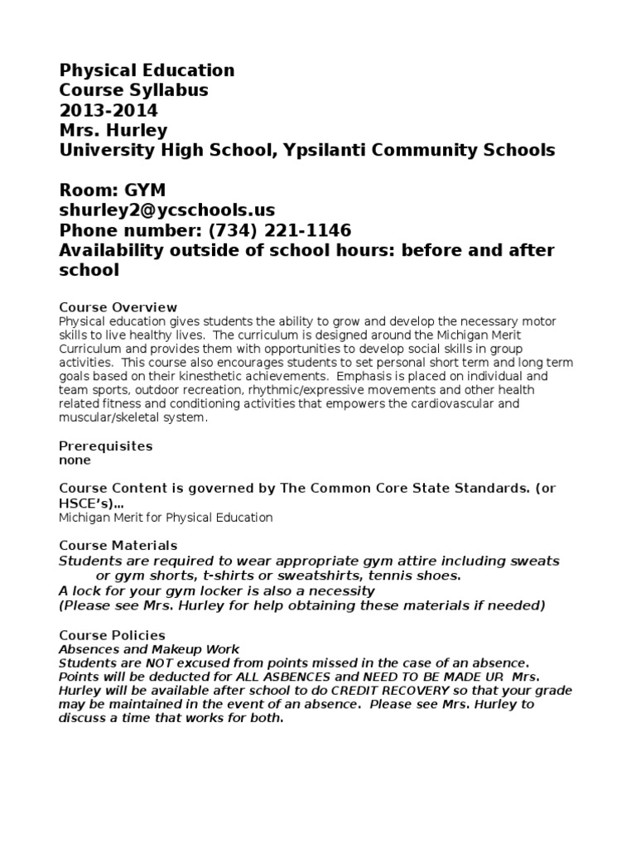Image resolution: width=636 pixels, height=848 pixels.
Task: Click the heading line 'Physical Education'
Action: pyautogui.click(x=147, y=70)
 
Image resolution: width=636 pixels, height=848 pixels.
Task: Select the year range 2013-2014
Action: pyautogui.click(x=108, y=110)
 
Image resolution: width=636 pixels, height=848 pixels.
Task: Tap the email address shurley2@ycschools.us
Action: pyautogui.click(x=167, y=210)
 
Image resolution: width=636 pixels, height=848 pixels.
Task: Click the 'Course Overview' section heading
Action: pyautogui.click(x=118, y=307)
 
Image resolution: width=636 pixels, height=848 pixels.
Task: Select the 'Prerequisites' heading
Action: pyautogui.click(x=106, y=446)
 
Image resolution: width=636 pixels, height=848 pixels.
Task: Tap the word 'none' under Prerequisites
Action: pyautogui.click(x=75, y=460)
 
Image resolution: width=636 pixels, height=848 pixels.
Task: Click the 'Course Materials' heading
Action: pyautogui.click(x=118, y=546)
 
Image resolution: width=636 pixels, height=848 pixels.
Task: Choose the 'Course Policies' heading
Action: pyautogui.click(x=112, y=635)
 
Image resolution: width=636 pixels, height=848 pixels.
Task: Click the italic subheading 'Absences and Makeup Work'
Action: pyautogui.click(x=149, y=649)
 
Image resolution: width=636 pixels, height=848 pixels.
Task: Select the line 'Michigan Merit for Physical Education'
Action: pyautogui.click(x=166, y=518)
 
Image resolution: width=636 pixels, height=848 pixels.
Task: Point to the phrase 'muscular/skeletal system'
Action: pyautogui.click(x=130, y=418)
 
